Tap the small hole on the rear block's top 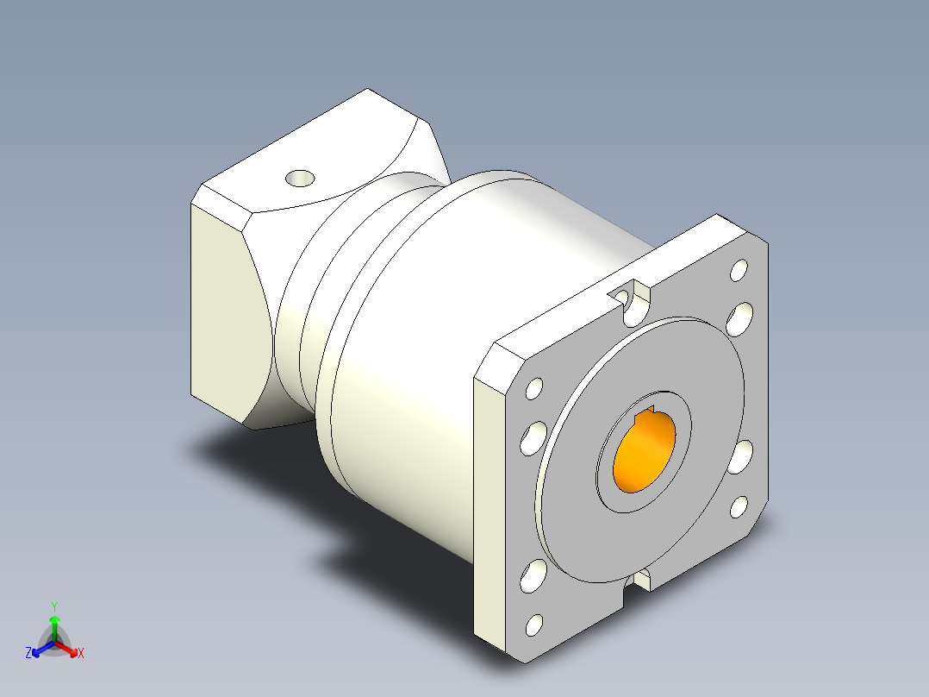click(300, 179)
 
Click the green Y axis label click(53, 606)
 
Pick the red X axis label click(81, 653)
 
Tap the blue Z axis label click(28, 653)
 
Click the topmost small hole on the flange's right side click(739, 270)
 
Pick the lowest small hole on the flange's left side click(534, 623)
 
